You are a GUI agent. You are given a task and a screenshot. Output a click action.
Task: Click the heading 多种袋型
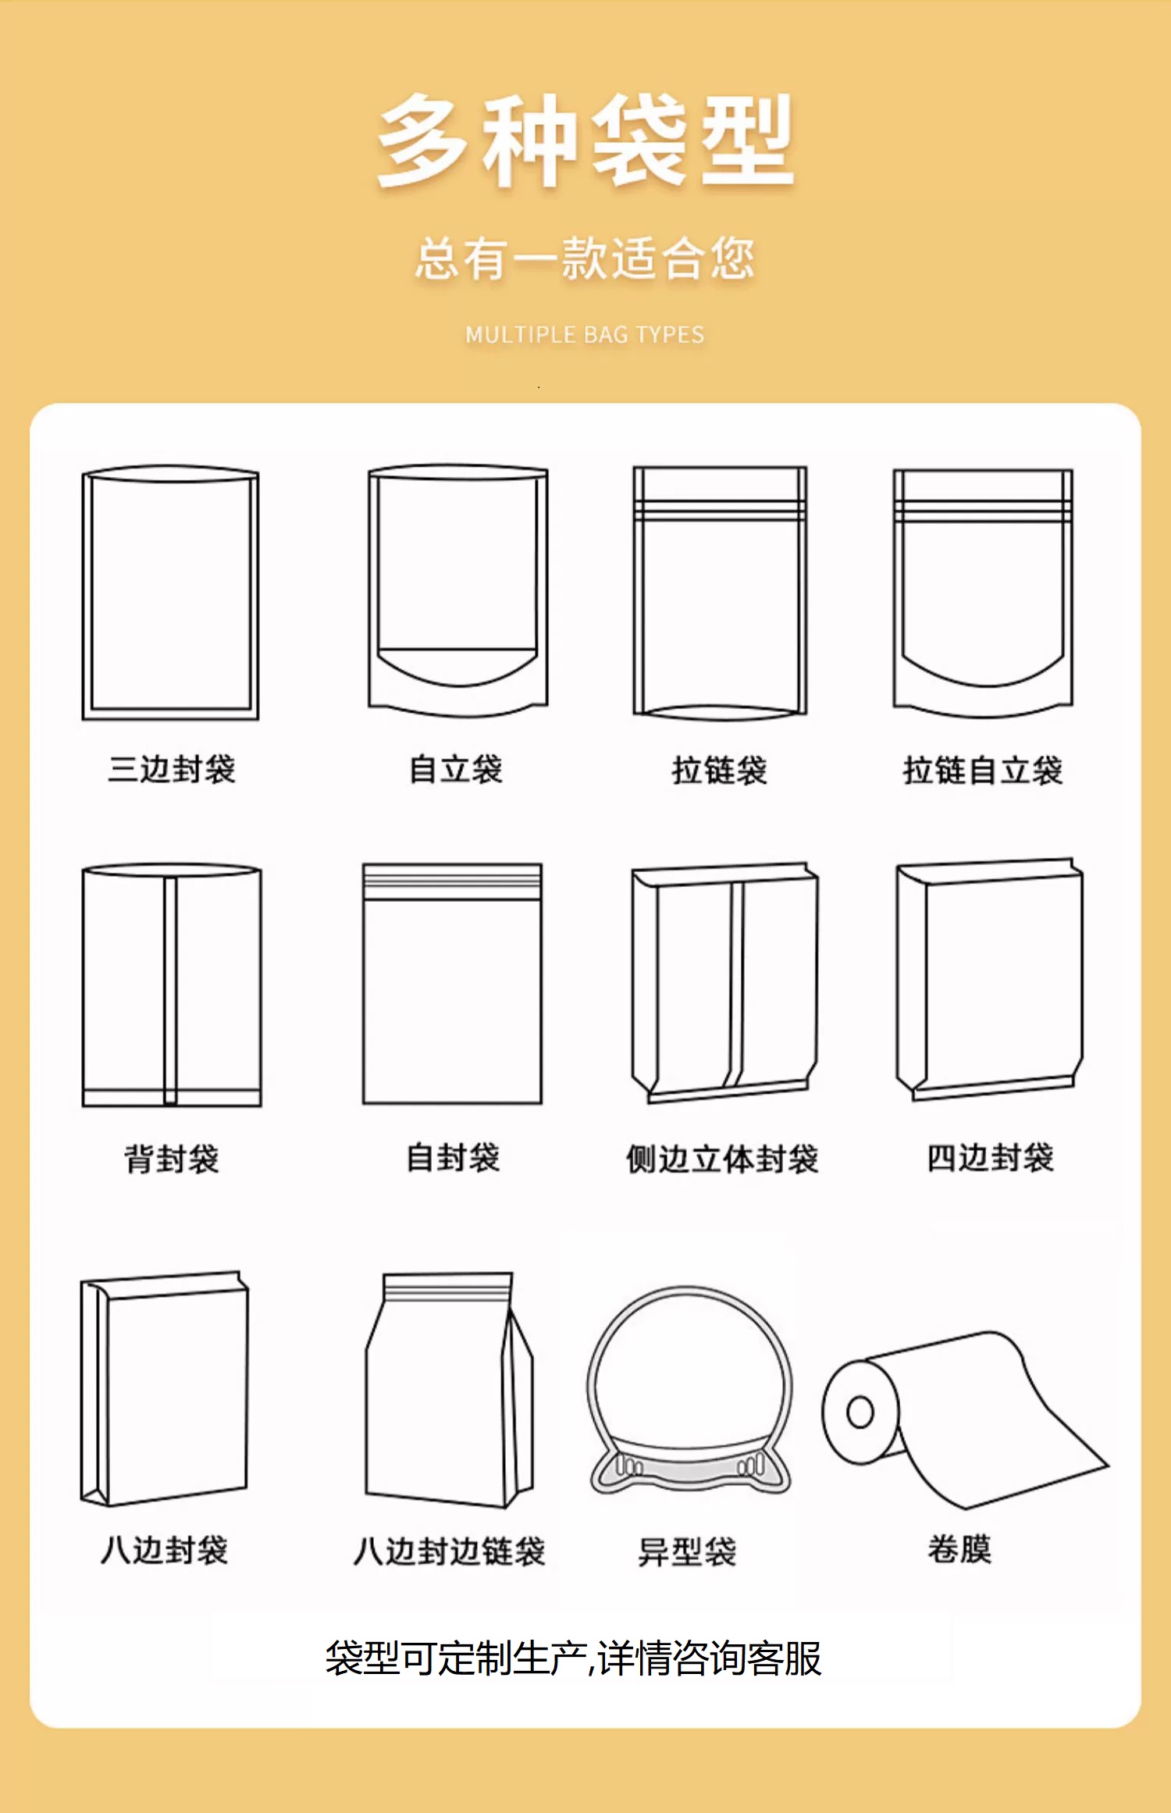coord(585,141)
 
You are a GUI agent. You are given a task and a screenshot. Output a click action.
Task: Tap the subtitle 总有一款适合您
coord(585,258)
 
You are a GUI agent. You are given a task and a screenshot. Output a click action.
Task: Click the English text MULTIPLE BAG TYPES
coord(585,335)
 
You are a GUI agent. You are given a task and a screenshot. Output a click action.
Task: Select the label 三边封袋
coord(172,769)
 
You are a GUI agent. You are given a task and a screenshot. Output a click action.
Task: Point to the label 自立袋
coord(456,769)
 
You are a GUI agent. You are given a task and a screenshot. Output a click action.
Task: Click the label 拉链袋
coord(720,770)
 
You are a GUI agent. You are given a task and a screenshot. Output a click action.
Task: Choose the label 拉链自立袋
coord(983,770)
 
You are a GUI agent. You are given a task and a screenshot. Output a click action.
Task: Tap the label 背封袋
coord(172,1159)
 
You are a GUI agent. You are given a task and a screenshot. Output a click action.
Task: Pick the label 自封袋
coord(453,1157)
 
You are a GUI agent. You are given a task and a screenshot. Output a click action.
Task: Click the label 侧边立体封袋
coord(722,1159)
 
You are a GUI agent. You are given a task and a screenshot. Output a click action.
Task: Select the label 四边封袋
coord(991,1157)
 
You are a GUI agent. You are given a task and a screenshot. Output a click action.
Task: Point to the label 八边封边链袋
coord(449,1551)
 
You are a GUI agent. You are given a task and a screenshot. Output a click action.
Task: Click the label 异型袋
coord(687,1551)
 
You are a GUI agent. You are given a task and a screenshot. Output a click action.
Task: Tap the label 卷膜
coord(959,1549)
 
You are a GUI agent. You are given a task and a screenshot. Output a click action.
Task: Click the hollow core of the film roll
coord(860,1412)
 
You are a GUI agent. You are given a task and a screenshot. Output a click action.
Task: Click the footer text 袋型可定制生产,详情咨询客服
coord(574,1659)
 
